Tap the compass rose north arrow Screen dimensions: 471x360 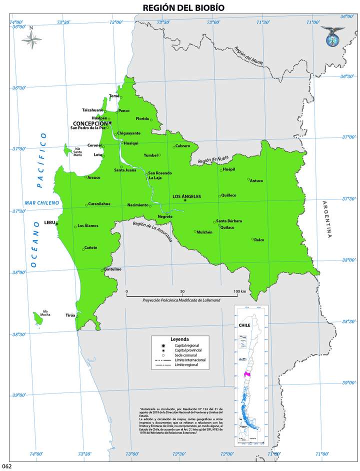coord(32,39)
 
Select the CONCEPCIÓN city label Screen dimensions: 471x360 coord(90,123)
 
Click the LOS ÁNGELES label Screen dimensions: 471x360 coord(186,196)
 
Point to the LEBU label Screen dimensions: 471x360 coord(49,222)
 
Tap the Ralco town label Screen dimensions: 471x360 coord(259,239)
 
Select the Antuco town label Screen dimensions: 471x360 coord(256,180)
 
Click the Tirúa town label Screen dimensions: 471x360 coord(70,315)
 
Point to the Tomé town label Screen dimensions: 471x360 coord(114,95)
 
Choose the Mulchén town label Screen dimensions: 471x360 coord(204,232)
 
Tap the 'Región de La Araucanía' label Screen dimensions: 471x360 coord(152,231)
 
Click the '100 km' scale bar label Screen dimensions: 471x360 coord(239,291)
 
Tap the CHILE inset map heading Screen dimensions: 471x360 coord(244,324)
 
